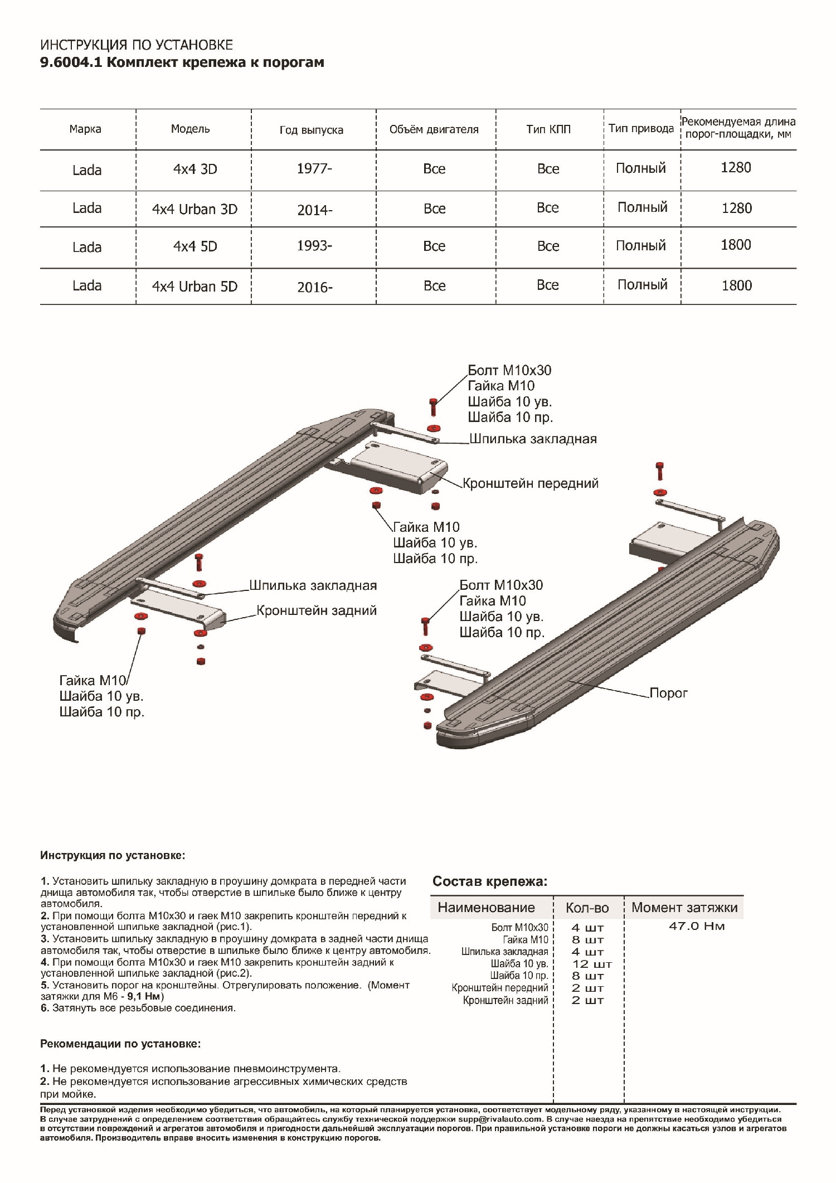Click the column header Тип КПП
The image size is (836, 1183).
548,129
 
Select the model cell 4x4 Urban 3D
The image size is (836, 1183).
195,209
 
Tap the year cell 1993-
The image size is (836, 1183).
314,246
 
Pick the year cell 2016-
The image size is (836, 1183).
315,287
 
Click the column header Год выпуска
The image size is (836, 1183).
311,130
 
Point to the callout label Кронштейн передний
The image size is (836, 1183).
531,483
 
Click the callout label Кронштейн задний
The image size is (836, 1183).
316,610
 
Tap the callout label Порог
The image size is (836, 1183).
668,693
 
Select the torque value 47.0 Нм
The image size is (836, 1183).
697,927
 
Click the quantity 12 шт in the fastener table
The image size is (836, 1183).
592,964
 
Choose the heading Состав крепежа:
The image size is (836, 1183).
490,881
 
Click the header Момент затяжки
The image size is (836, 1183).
684,907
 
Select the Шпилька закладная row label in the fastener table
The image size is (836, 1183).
504,952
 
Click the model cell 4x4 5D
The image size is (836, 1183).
195,246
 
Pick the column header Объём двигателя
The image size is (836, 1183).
434,129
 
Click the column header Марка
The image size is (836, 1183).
85,129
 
